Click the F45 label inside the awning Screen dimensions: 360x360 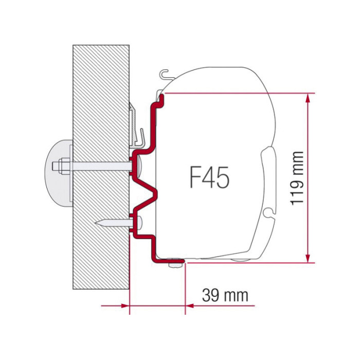(x=209, y=177)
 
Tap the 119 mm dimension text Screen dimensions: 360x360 (x=297, y=178)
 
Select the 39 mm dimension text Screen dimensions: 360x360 (x=225, y=295)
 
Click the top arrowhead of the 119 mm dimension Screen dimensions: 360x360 (x=308, y=98)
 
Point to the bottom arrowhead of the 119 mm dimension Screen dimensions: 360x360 (x=308, y=258)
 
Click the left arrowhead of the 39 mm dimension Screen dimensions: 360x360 (x=125, y=306)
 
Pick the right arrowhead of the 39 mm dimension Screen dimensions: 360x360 (x=190, y=306)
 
